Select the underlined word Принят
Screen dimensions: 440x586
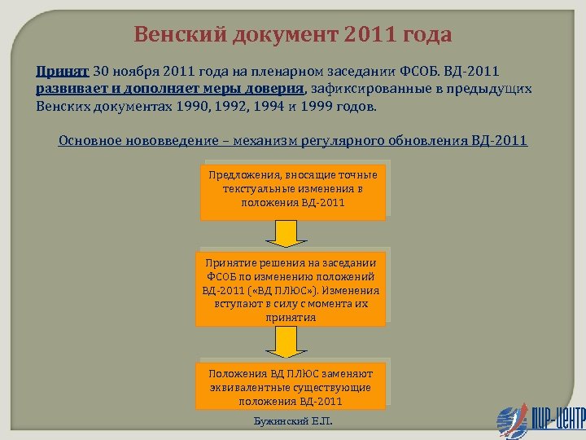pos(63,71)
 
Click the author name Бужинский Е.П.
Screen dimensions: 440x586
pos(293,424)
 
